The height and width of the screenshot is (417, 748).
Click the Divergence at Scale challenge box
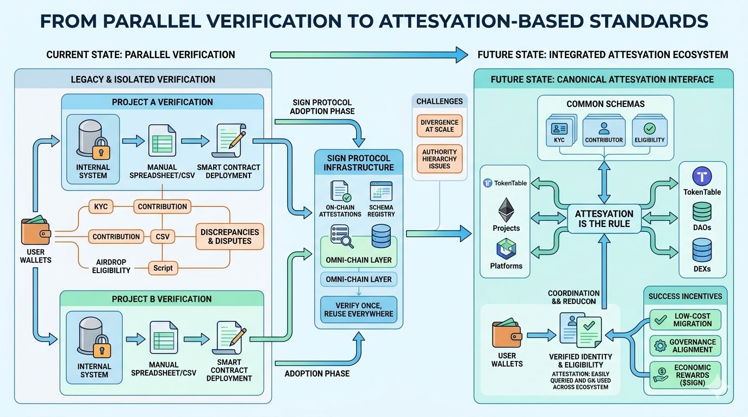coord(440,126)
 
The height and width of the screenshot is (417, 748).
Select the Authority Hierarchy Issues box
coord(440,159)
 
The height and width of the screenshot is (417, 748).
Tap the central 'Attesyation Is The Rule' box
coord(604,219)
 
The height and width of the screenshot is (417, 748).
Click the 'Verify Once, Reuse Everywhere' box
coord(359,309)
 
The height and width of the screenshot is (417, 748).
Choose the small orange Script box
coord(163,268)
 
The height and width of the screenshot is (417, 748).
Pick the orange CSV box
coord(163,237)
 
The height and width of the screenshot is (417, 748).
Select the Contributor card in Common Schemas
coord(603,132)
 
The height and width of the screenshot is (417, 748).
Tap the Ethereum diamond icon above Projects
coord(506,208)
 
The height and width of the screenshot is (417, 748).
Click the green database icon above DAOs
coord(702,211)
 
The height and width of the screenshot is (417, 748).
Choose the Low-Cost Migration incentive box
coord(685,320)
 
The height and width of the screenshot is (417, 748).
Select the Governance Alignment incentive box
coord(685,346)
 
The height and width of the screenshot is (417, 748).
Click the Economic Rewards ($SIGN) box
coord(685,375)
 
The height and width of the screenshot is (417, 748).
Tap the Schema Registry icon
coord(381,192)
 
